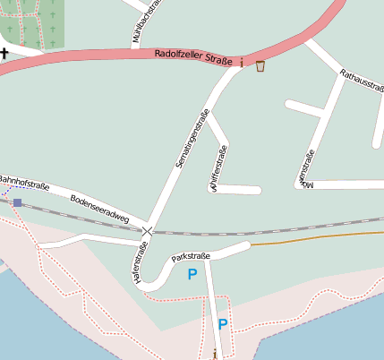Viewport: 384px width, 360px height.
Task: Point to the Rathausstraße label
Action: (x=363, y=86)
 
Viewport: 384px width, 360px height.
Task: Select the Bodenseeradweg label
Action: (x=99, y=208)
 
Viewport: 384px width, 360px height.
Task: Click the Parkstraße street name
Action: (x=191, y=256)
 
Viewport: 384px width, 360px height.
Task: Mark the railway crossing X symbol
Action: (x=148, y=231)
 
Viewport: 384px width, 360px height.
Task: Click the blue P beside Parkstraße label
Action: (x=192, y=275)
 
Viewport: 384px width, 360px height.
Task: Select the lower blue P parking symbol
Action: (x=222, y=325)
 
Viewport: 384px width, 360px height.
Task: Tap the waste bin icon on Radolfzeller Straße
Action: (x=260, y=64)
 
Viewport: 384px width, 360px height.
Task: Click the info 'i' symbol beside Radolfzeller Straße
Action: (x=241, y=62)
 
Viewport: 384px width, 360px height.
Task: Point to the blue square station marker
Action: (x=17, y=202)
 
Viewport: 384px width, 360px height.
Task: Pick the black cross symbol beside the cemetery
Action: (x=5, y=52)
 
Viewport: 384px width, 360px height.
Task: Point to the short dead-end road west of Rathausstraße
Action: (x=303, y=107)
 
